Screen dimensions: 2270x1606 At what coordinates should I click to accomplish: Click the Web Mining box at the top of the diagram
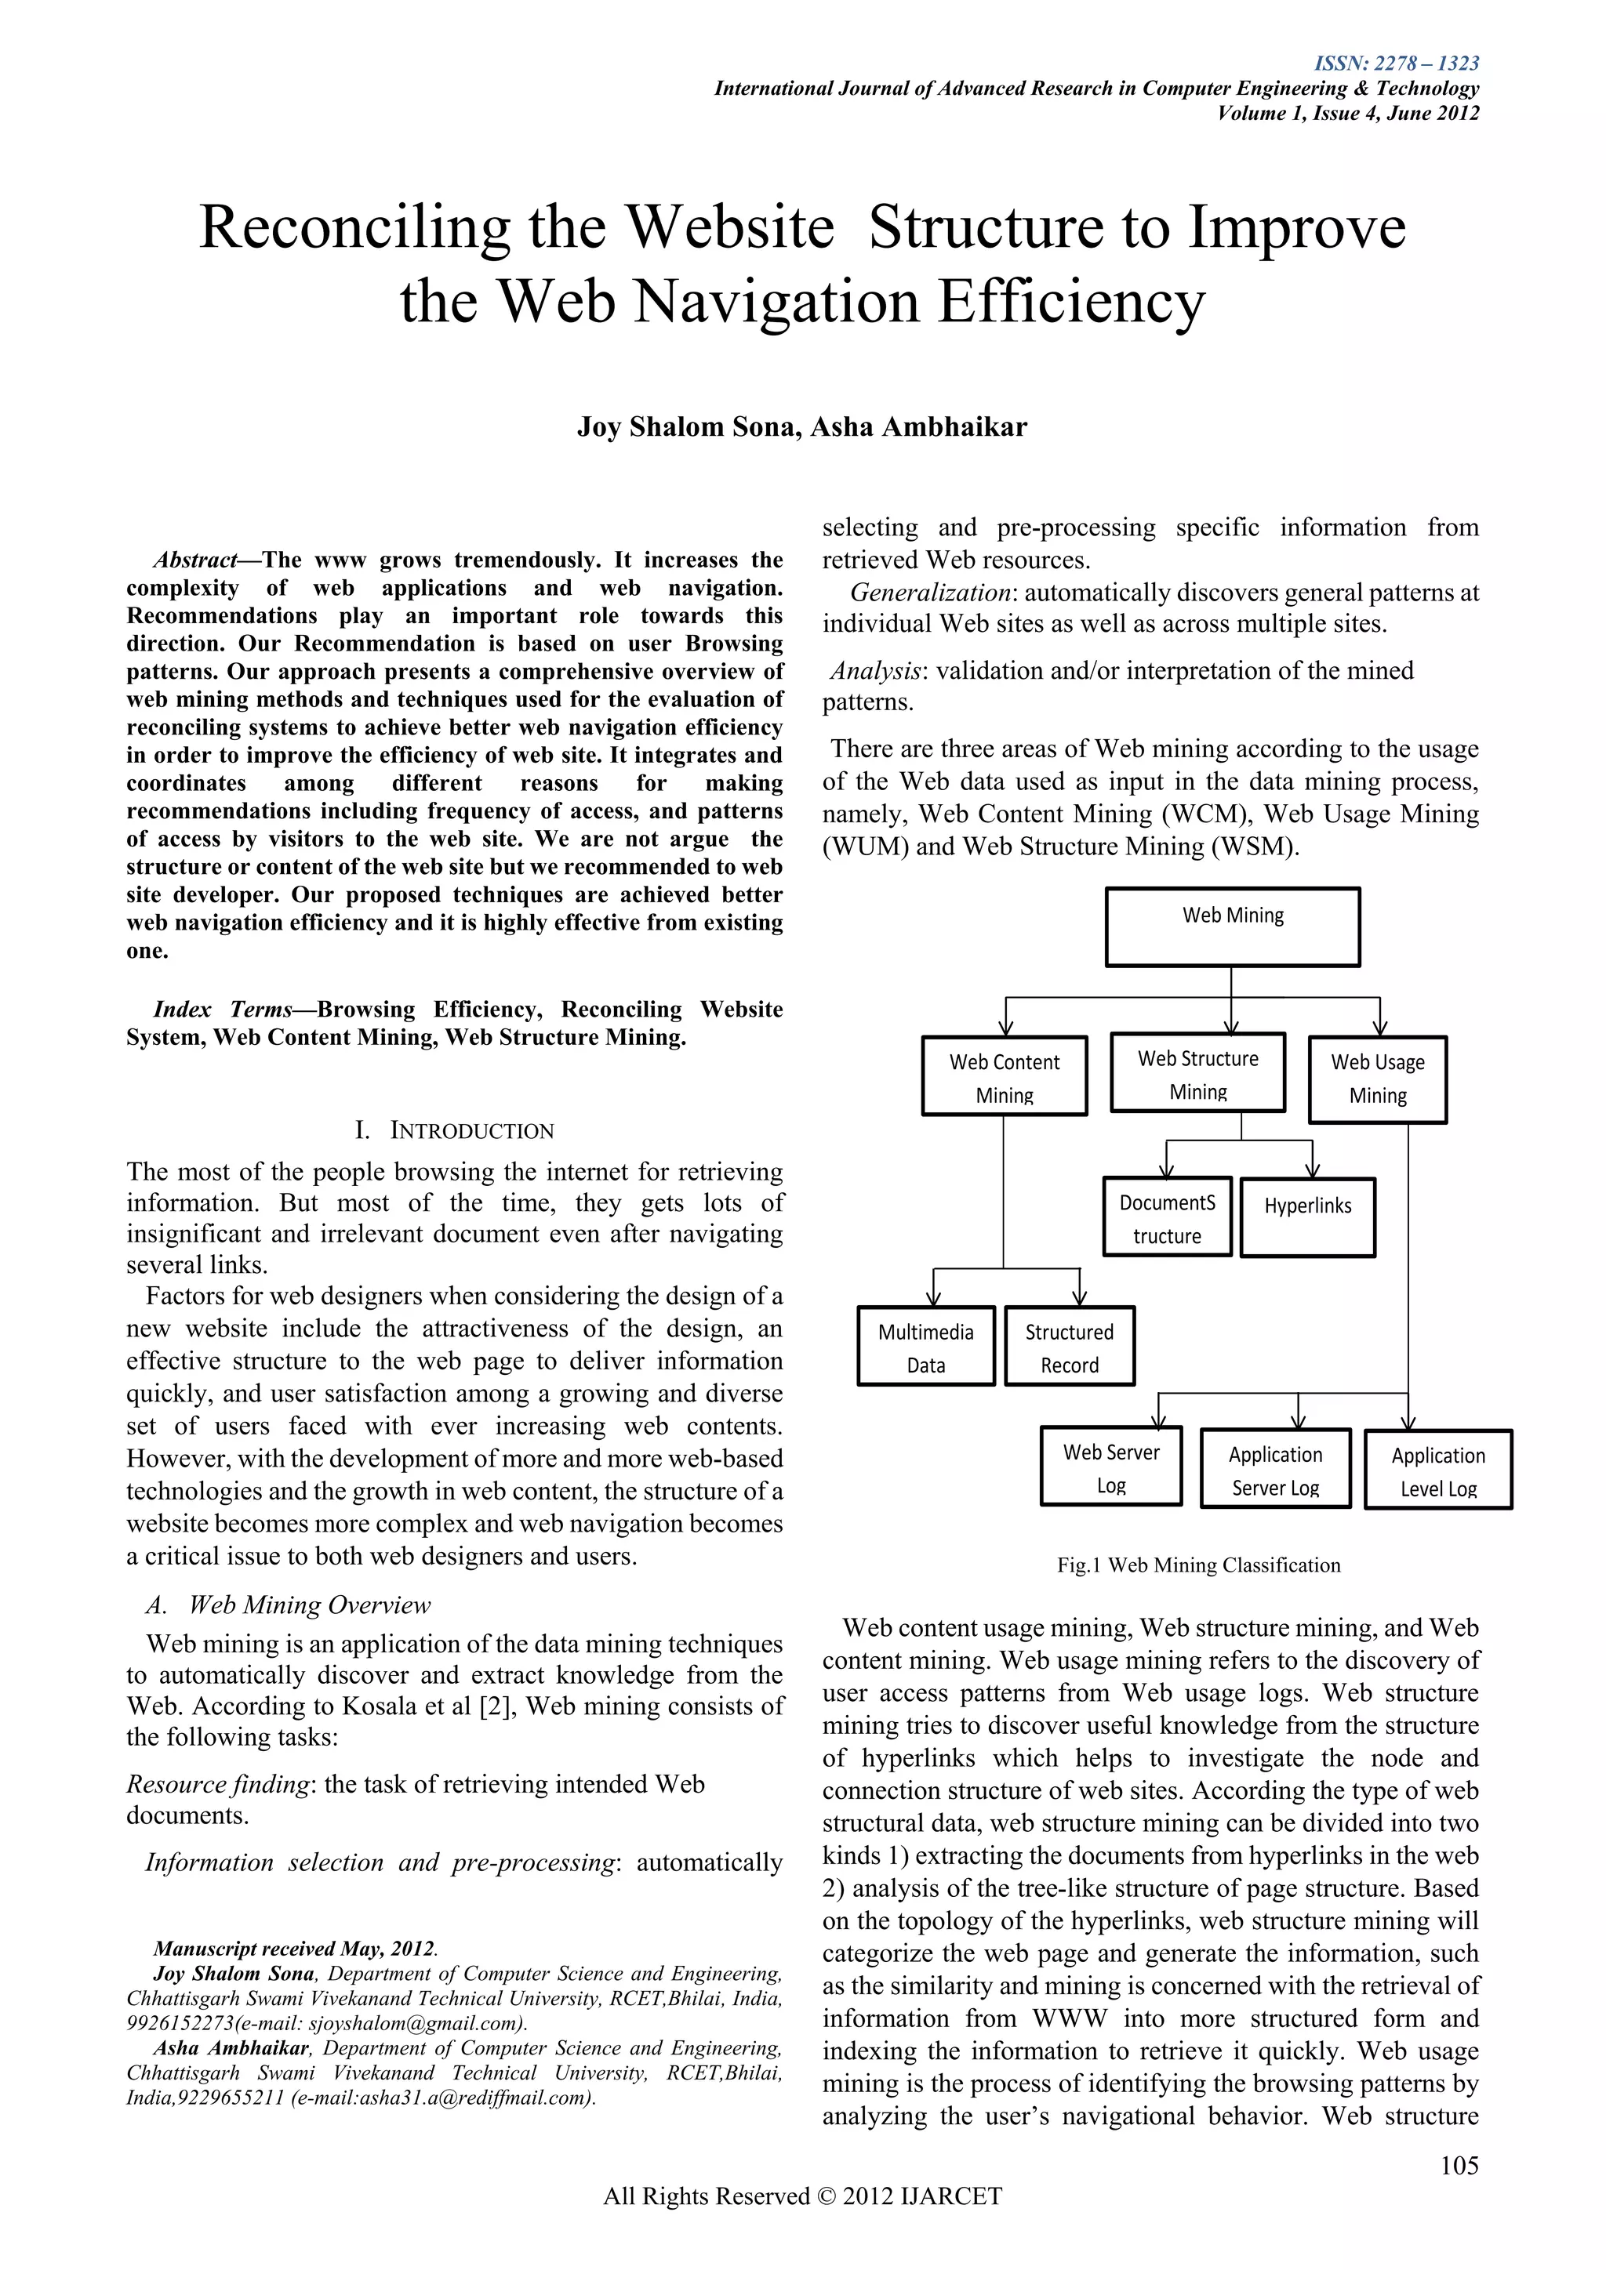tap(1232, 926)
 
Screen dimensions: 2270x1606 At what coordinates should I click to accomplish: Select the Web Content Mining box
tap(1004, 1075)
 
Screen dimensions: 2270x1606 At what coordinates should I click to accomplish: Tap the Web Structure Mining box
tap(1197, 1073)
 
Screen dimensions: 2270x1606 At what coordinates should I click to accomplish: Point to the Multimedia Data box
tap(925, 1346)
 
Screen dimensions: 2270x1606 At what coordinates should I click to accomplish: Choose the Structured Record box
tap(1069, 1346)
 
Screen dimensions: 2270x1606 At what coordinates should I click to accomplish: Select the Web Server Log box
tap(1110, 1467)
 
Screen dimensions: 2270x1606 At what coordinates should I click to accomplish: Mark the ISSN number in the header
tap(1397, 64)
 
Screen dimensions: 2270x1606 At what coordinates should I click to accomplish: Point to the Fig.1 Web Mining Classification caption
tap(1198, 1565)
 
